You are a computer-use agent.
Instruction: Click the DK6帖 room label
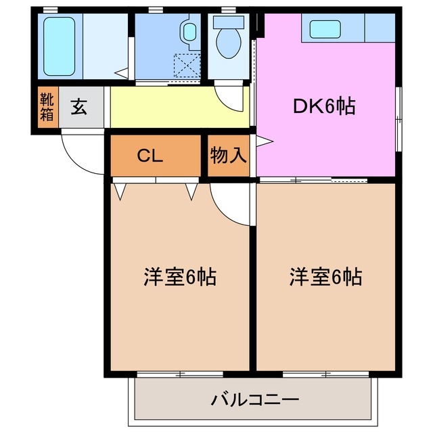click(x=323, y=106)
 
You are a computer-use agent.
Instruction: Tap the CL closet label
click(x=150, y=156)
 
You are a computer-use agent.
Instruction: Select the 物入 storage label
click(x=228, y=156)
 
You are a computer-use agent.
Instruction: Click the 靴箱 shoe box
click(x=46, y=108)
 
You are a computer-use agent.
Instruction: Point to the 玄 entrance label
click(x=79, y=107)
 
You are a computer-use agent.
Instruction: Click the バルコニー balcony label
click(x=254, y=398)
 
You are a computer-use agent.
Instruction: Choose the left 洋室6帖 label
click(x=179, y=277)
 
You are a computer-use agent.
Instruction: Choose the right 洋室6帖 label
click(x=325, y=277)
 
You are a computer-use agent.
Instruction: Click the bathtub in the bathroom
click(x=60, y=47)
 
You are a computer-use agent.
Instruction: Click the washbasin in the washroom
click(x=187, y=31)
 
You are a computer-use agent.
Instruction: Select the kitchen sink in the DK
click(x=327, y=28)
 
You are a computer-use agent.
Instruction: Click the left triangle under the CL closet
click(x=120, y=192)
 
